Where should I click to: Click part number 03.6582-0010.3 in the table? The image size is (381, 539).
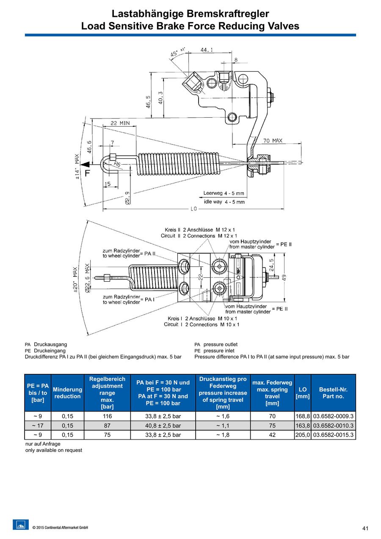333,426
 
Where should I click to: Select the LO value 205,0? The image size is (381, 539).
303,435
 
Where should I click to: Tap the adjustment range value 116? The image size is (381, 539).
107,416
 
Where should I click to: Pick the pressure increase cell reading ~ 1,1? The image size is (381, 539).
223,426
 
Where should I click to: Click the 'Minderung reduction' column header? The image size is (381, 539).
67,393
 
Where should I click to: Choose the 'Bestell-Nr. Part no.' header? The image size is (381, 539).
333,393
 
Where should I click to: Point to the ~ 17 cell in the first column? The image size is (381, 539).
38,426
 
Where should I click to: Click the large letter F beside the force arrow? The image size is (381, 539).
87,173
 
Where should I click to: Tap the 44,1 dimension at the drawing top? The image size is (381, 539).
207,50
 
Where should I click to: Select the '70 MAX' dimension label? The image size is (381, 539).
273,141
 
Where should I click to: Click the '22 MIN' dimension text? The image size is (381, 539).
120,123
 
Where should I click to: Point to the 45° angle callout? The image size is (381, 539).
175,53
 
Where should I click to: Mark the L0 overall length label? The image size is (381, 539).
194,209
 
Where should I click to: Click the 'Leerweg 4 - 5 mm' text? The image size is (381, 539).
224,193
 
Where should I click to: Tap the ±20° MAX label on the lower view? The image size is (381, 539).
75,279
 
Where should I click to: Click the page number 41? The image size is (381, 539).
365,528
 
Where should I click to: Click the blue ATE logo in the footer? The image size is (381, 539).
21,525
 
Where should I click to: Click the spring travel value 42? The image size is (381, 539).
272,435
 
